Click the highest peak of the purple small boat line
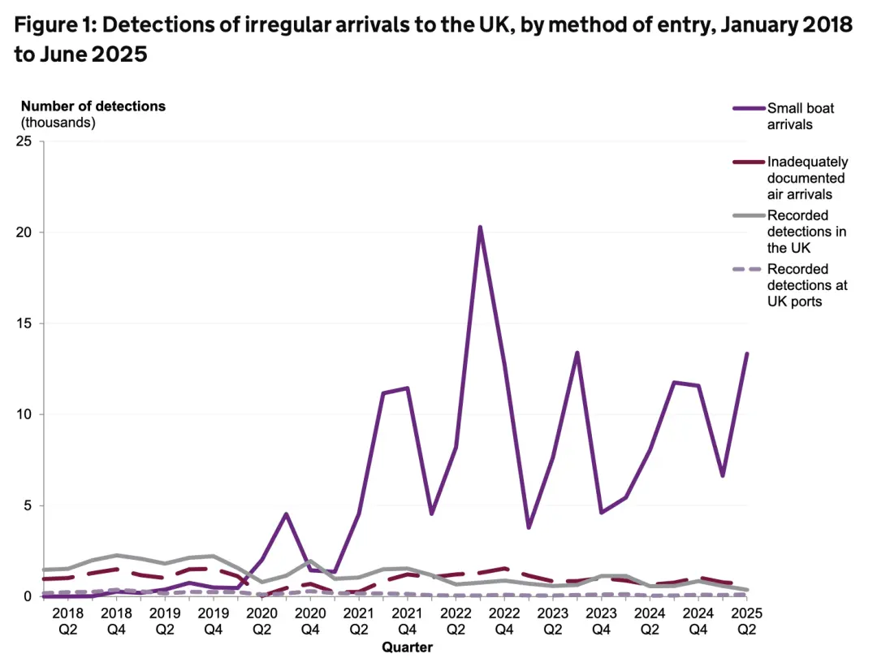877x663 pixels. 480,227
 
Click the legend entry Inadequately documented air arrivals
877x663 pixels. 806,178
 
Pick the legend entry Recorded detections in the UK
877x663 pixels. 806,232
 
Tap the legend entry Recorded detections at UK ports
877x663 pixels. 807,285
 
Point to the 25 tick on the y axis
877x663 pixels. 25,141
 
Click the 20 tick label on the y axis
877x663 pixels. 25,232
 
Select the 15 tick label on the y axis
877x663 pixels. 25,323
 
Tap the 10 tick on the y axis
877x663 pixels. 25,414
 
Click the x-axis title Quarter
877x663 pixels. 408,648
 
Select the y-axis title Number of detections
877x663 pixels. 93,106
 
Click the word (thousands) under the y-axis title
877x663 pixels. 58,123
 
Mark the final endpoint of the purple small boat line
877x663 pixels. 746,354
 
